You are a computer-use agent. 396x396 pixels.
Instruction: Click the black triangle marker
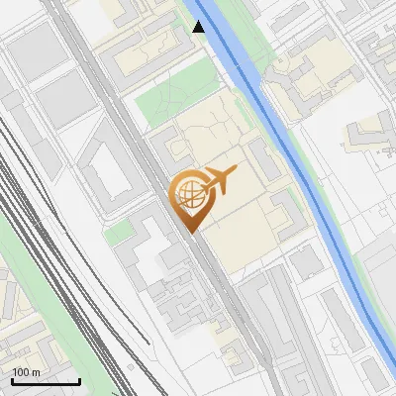click(199, 27)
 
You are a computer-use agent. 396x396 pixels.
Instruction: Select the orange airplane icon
click(218, 181)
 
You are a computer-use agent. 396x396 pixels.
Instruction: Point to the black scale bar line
click(45, 381)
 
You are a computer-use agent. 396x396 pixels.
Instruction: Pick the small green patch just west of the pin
click(119, 233)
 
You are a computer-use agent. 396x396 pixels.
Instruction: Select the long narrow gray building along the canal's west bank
click(263, 158)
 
